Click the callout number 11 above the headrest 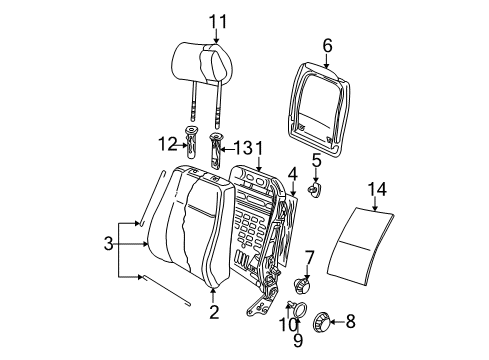[x=218, y=22]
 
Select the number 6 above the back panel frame [x=327, y=46]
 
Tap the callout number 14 [x=377, y=189]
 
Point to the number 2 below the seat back [x=214, y=312]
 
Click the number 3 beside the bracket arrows [x=109, y=243]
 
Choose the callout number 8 [x=350, y=322]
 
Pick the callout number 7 [x=310, y=258]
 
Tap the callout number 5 [x=316, y=160]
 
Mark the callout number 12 [x=167, y=144]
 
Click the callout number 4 [x=292, y=175]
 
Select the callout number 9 [x=298, y=340]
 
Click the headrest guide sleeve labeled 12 [x=191, y=142]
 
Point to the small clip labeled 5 [x=314, y=190]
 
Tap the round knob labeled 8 [x=322, y=322]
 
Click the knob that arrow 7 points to [x=302, y=285]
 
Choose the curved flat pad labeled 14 [x=360, y=246]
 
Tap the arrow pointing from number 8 [x=337, y=322]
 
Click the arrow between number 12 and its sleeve [x=182, y=145]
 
